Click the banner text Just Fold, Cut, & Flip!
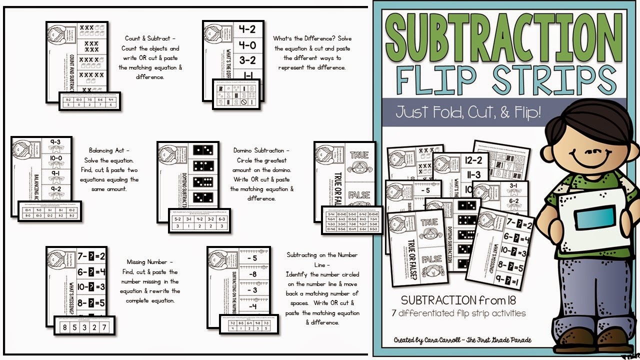pos(468,111)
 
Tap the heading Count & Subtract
pos(150,38)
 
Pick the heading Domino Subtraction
pos(261,150)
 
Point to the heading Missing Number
pos(150,262)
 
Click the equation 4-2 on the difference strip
pos(247,30)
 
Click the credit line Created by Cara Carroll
pos(462,340)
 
